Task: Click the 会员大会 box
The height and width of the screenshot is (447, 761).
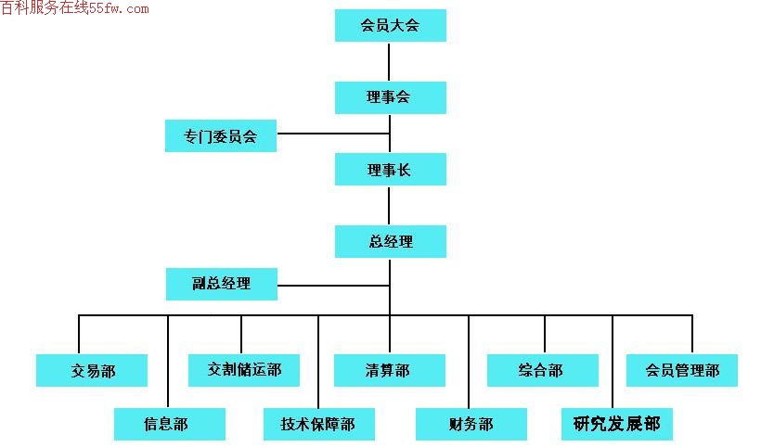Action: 390,25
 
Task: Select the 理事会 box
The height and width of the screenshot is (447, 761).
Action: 390,97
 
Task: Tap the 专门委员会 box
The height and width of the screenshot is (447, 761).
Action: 221,135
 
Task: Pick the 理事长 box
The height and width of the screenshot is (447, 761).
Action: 390,169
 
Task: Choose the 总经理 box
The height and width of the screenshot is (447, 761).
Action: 390,241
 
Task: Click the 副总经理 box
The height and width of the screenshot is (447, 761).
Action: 222,284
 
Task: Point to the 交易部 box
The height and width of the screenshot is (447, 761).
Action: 92,370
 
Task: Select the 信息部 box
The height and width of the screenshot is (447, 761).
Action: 170,424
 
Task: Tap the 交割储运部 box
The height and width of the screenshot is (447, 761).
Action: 244,370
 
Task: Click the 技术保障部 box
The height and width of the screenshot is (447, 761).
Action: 319,424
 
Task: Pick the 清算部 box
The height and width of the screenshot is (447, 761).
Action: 389,370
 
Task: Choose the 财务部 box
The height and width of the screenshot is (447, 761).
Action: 471,424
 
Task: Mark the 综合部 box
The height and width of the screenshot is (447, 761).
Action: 543,370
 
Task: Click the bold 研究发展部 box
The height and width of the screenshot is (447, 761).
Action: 617,424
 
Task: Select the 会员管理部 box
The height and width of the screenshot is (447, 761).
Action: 682,370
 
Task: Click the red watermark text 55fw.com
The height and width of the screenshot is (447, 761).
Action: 119,8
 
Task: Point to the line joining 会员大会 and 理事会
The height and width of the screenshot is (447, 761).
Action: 389,61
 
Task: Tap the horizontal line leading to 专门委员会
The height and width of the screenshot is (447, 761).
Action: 333,134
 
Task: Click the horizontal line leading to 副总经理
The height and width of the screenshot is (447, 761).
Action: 334,286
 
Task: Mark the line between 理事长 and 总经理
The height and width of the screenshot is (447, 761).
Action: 389,206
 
